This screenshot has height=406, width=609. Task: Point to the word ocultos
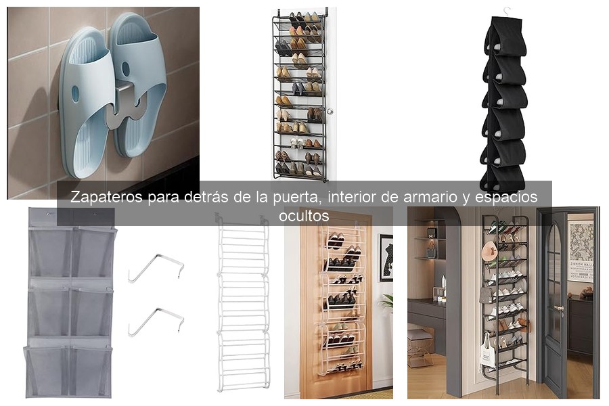pyautogui.click(x=304, y=216)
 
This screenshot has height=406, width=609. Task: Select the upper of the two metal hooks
pyautogui.click(x=156, y=267)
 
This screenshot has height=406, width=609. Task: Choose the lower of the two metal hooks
pyautogui.click(x=156, y=321)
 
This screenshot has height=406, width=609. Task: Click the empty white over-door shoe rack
pyautogui.click(x=242, y=304)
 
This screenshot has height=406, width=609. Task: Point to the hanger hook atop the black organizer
pyautogui.click(x=505, y=13)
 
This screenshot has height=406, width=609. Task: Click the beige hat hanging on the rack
pyautogui.click(x=489, y=251)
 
